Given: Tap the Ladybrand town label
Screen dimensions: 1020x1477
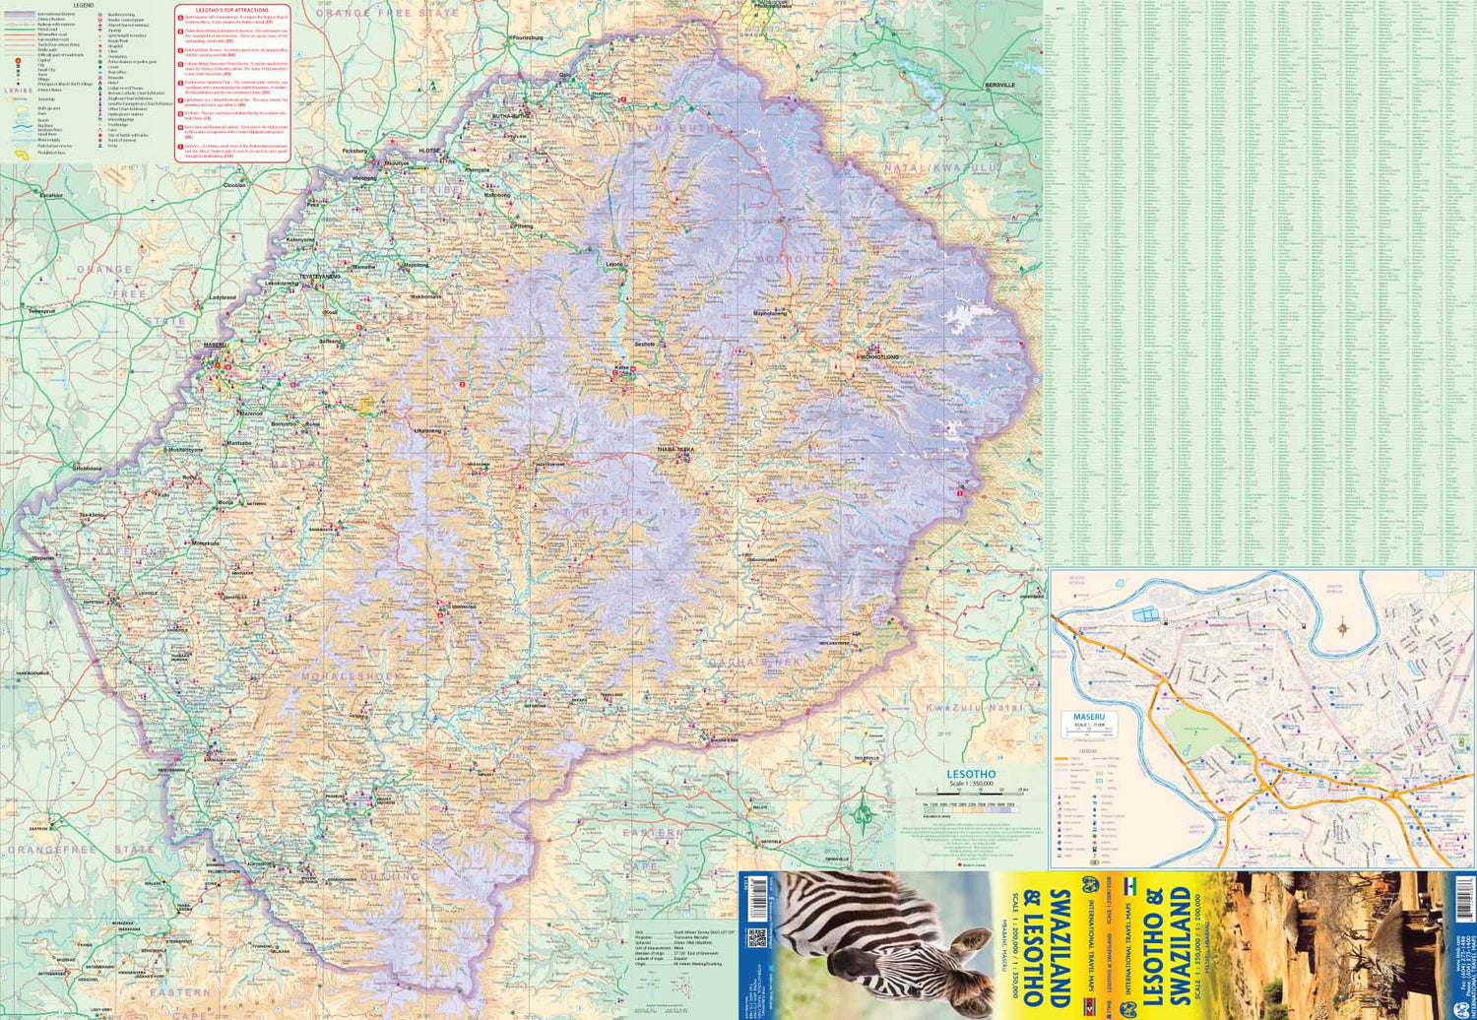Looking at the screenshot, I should tap(223, 296).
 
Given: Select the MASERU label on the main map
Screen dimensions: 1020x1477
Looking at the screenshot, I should tap(215, 346).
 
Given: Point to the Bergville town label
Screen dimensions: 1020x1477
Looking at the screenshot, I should tap(999, 86).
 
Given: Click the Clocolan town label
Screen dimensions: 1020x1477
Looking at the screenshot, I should tap(234, 185).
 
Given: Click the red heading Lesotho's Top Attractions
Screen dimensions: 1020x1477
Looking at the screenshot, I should tap(231, 10).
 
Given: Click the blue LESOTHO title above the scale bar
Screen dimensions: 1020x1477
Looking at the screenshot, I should tap(971, 774).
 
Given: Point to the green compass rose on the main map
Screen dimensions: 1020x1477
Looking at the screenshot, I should tap(864, 812).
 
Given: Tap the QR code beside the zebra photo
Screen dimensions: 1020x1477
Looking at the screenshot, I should tap(756, 937).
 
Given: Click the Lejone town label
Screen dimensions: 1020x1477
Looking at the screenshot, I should tap(615, 264).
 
